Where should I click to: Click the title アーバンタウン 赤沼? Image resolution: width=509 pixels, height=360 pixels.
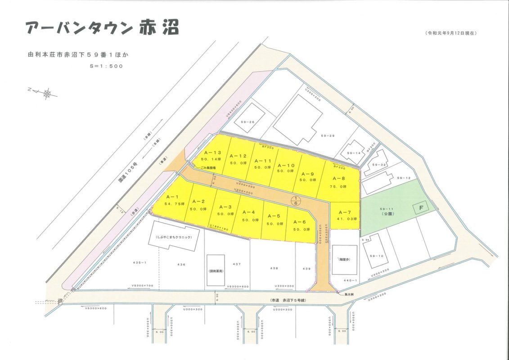(x=102, y=27)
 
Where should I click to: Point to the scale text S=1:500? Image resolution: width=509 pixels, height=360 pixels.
(x=106, y=66)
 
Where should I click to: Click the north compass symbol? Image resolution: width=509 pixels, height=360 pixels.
(x=47, y=94)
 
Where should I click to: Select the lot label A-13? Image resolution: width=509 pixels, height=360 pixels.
(x=212, y=153)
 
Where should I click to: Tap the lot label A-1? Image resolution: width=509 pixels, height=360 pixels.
(x=173, y=197)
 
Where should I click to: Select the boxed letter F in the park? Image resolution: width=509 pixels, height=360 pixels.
(x=421, y=208)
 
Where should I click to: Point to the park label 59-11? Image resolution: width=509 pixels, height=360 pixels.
(x=387, y=209)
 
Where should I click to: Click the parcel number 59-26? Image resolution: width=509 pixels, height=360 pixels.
(x=248, y=122)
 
